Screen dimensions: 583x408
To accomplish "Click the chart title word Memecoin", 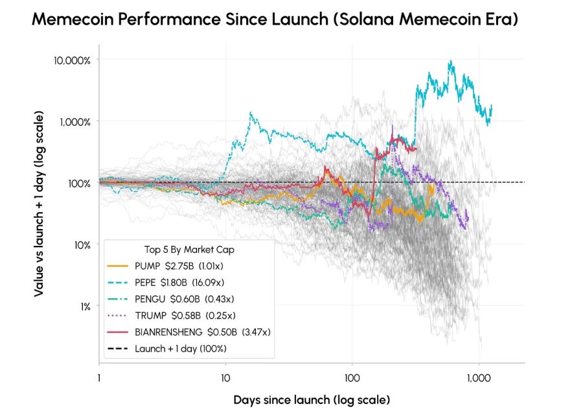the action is pyautogui.click(x=73, y=19).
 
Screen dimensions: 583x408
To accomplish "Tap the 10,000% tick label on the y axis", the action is pyautogui.click(x=72, y=60).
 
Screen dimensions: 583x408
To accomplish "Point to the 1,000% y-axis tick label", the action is pyautogui.click(x=75, y=122).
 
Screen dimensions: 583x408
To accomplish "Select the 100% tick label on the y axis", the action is pyautogui.click(x=79, y=184).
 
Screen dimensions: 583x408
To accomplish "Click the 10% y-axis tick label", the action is pyautogui.click(x=82, y=245).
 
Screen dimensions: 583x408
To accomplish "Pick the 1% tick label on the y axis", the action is pyautogui.click(x=85, y=306).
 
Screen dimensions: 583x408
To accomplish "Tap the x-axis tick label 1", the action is pyautogui.click(x=99, y=378).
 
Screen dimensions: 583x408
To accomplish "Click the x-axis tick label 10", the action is pyautogui.click(x=225, y=378).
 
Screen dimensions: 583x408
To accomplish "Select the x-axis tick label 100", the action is pyautogui.click(x=352, y=378).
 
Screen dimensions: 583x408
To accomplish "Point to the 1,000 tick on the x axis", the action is pyautogui.click(x=479, y=378).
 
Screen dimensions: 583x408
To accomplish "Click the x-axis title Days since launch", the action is pyautogui.click(x=282, y=400).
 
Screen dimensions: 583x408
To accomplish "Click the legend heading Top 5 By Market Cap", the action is pyautogui.click(x=189, y=250).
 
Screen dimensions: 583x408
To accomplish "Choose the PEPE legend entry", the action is pyautogui.click(x=165, y=283).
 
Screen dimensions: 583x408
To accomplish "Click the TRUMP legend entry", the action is pyautogui.click(x=172, y=316).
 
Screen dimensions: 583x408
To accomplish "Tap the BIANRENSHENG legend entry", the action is pyautogui.click(x=189, y=332).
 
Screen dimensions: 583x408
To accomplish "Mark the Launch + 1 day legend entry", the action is pyautogui.click(x=167, y=349).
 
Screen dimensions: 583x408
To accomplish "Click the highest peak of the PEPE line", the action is pyautogui.click(x=451, y=61).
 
